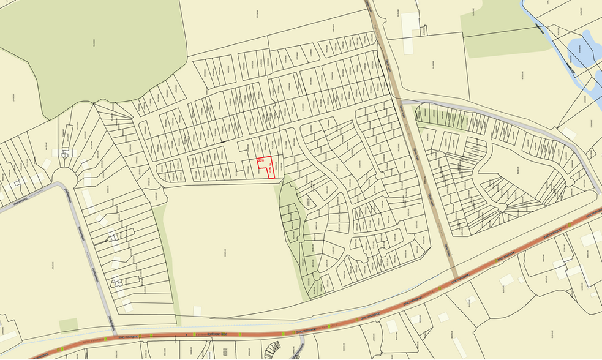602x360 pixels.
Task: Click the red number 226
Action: coord(260,160)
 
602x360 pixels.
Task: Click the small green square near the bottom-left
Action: coord(69,325)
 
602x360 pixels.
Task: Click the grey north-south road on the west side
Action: coord(92,257)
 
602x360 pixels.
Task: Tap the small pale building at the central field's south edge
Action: coord(197,311)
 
